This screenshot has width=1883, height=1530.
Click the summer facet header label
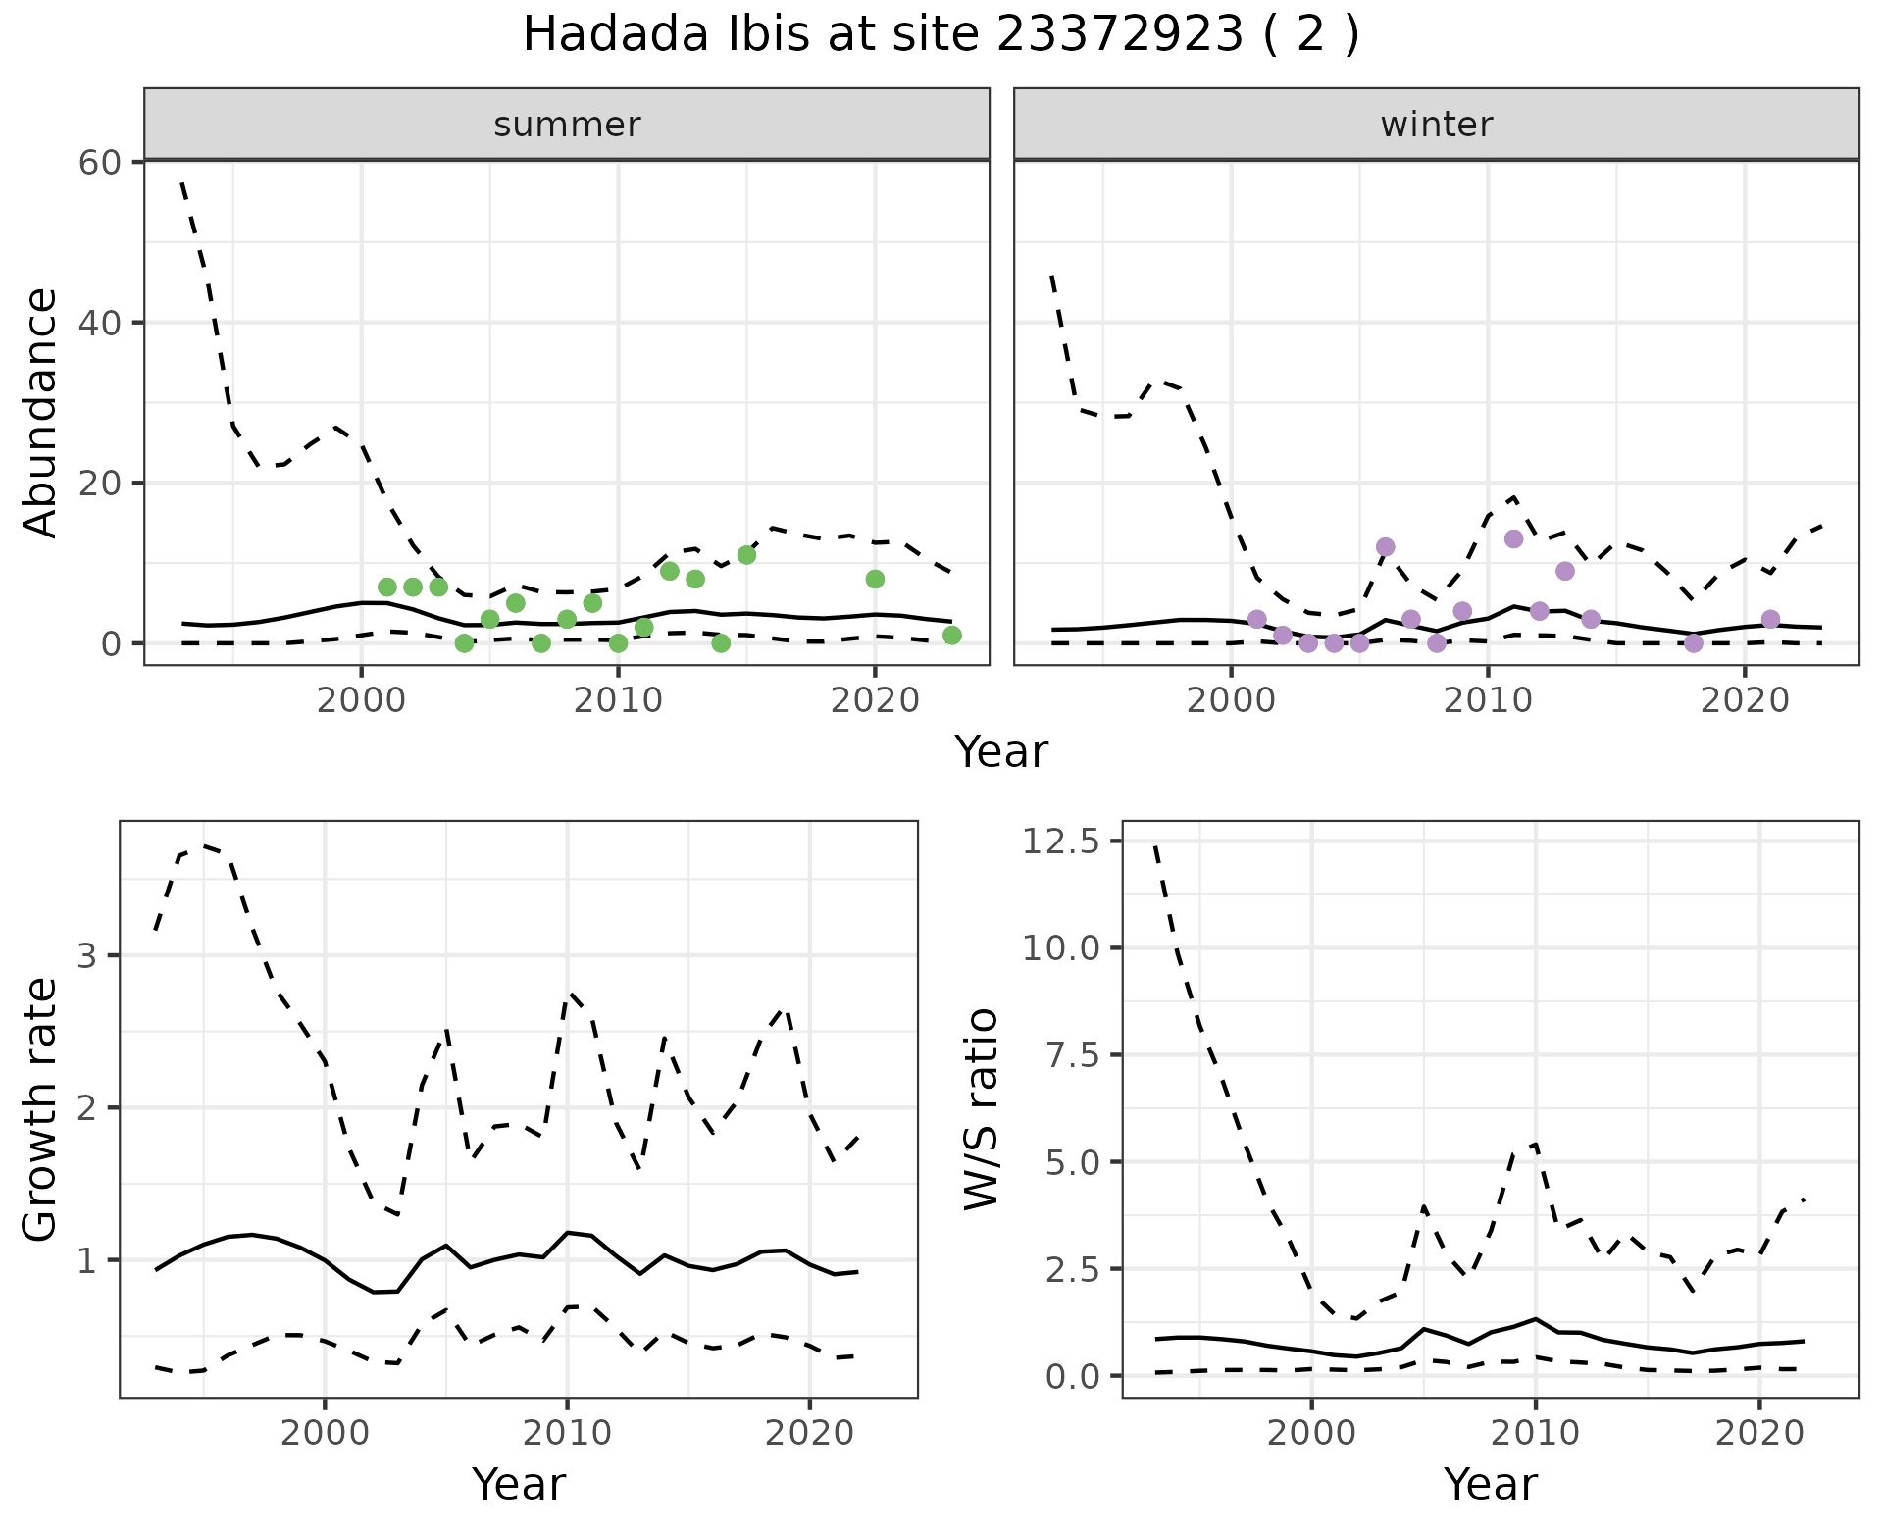567,125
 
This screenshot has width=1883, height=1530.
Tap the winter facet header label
1436,125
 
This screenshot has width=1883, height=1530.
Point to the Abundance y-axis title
40,412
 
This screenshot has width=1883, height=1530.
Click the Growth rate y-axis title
40,1109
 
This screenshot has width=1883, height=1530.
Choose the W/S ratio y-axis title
981,1109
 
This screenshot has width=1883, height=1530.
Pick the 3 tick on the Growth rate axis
86,956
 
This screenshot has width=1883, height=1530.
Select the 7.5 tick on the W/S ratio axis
1072,1055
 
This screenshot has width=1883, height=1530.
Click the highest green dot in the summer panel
746,555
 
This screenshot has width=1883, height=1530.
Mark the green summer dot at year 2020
875,580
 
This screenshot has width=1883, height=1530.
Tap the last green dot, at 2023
951,636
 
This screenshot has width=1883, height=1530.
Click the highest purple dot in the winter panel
1513,538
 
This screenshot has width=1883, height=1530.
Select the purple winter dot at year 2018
1693,643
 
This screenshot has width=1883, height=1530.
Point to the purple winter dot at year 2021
1770,619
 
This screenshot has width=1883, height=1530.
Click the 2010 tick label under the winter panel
1487,701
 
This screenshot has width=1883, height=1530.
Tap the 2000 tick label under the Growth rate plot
325,1433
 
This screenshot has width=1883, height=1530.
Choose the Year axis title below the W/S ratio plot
1490,1484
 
